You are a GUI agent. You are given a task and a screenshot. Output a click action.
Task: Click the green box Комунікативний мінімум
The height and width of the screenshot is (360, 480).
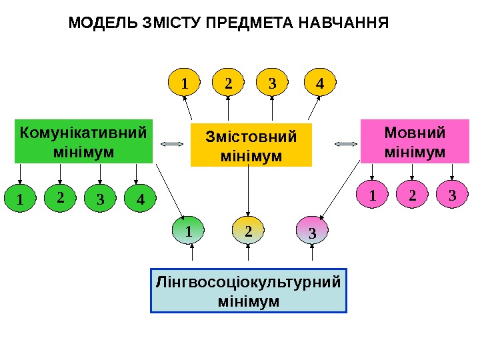pos(83,141)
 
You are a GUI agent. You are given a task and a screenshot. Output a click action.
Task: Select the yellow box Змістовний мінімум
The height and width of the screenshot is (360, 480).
pos(251,145)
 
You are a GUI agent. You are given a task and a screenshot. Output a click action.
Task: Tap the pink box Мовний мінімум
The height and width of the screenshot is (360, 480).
pos(415,141)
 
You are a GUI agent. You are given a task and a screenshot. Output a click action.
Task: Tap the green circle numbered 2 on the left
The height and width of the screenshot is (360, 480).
pos(61,197)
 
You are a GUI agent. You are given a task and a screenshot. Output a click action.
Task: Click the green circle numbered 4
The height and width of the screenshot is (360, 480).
pos(139,199)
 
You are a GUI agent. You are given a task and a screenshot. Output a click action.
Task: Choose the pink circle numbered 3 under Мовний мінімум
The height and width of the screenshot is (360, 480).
pos(453,196)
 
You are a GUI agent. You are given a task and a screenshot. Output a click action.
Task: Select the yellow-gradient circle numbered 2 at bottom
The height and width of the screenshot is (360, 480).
pos(249,231)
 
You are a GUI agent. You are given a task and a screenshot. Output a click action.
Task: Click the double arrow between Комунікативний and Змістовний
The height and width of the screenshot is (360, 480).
pos(172,143)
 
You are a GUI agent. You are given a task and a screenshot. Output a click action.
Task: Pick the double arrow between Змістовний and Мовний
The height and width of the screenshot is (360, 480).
pos(346,143)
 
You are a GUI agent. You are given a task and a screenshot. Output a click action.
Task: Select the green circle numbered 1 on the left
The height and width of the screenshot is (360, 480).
pos(21,199)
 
